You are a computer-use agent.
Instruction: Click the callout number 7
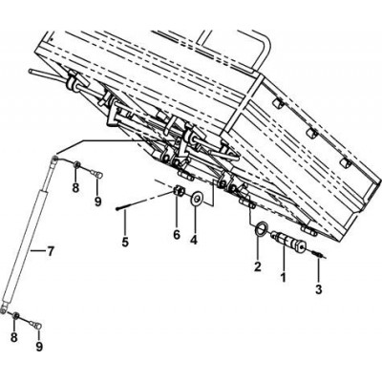click(50, 252)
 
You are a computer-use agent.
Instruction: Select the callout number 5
click(125, 242)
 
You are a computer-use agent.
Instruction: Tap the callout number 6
click(177, 235)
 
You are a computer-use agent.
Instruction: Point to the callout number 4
click(194, 240)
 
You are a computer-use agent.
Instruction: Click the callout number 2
click(257, 266)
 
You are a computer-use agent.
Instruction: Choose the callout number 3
click(318, 288)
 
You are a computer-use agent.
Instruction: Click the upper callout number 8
click(75, 187)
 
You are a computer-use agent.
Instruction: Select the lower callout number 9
click(39, 346)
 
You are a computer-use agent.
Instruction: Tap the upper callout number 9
click(97, 201)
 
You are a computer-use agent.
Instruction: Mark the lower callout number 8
click(14, 337)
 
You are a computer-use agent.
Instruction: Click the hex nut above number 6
click(179, 191)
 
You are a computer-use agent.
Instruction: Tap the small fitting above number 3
click(318, 255)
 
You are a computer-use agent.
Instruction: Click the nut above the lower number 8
click(15, 316)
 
